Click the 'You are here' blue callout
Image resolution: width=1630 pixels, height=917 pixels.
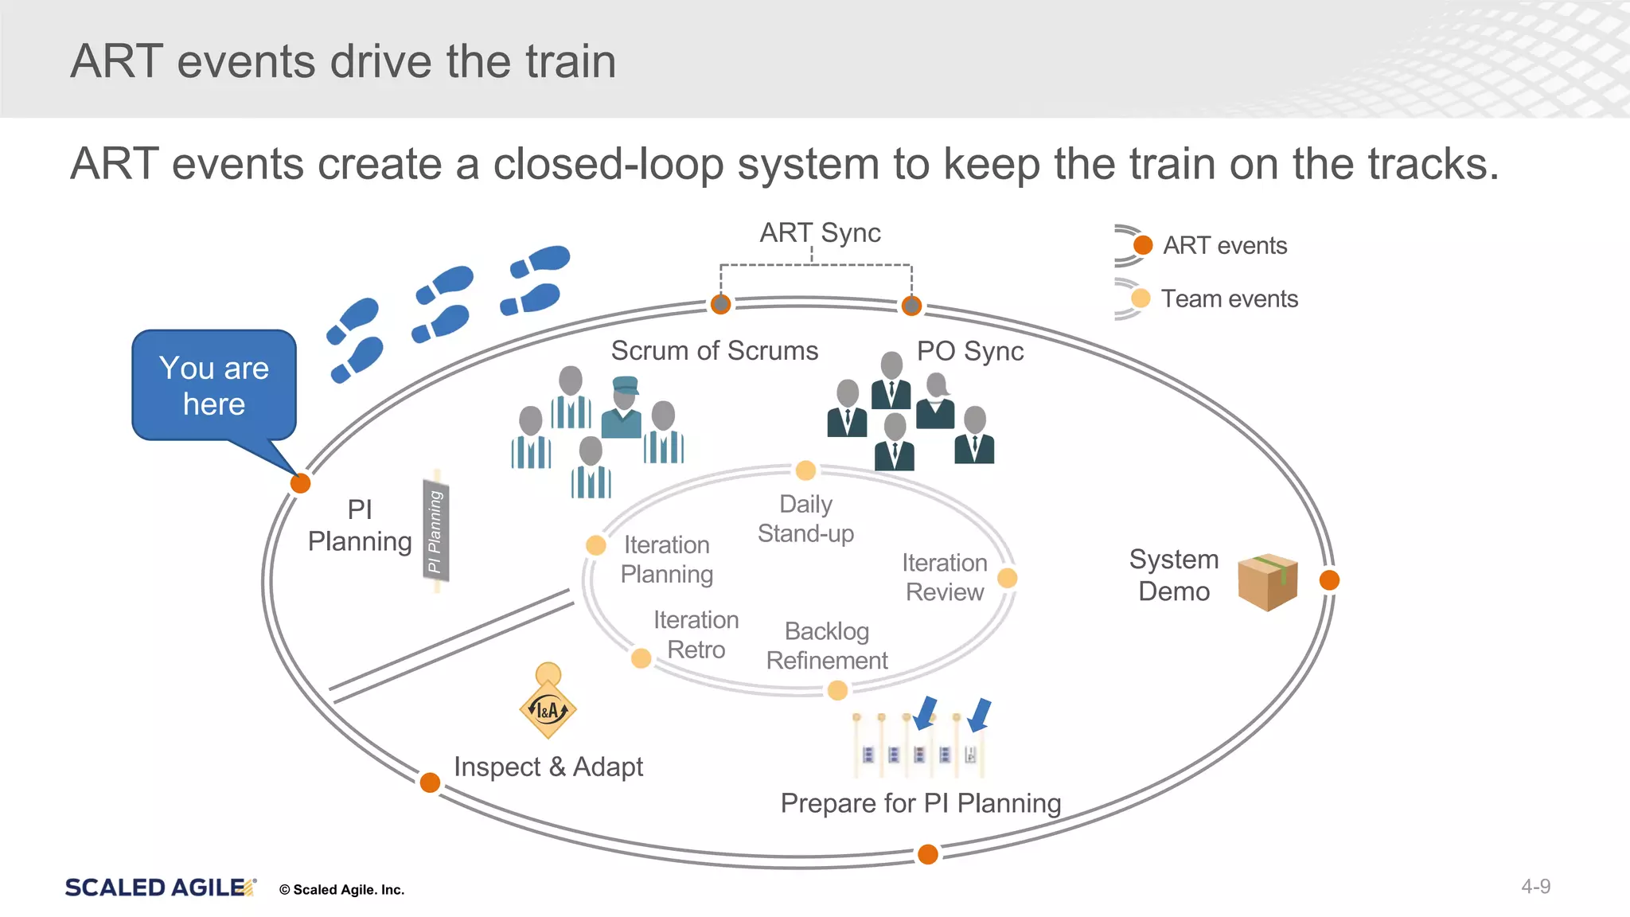(x=214, y=385)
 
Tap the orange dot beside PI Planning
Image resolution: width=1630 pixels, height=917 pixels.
(x=300, y=483)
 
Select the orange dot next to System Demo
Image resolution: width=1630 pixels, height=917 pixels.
(x=1329, y=580)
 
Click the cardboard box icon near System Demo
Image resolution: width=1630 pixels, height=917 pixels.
(x=1268, y=583)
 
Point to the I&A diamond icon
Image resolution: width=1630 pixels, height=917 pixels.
(x=548, y=709)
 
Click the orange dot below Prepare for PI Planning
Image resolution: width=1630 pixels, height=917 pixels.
(x=928, y=854)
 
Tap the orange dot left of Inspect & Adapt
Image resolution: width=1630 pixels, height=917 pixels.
(x=430, y=782)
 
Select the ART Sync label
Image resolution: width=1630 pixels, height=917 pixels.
(x=820, y=232)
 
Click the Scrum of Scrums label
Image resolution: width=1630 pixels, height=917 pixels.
(x=714, y=351)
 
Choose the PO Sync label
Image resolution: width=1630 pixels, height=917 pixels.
(x=969, y=351)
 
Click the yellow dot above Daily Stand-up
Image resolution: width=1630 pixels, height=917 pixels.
(x=805, y=470)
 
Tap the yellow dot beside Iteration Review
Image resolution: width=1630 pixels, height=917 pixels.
(x=1007, y=578)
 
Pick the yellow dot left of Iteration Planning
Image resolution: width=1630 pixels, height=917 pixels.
(x=595, y=545)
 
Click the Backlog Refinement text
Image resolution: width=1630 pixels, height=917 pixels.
(x=826, y=646)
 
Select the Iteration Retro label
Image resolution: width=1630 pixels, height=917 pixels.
(x=696, y=634)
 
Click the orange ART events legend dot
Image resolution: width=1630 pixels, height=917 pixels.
(x=1143, y=245)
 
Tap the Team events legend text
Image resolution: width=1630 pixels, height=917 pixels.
(x=1229, y=299)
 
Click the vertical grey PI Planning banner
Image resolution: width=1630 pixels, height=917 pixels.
(x=435, y=530)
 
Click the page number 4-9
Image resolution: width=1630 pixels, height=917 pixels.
(x=1535, y=887)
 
